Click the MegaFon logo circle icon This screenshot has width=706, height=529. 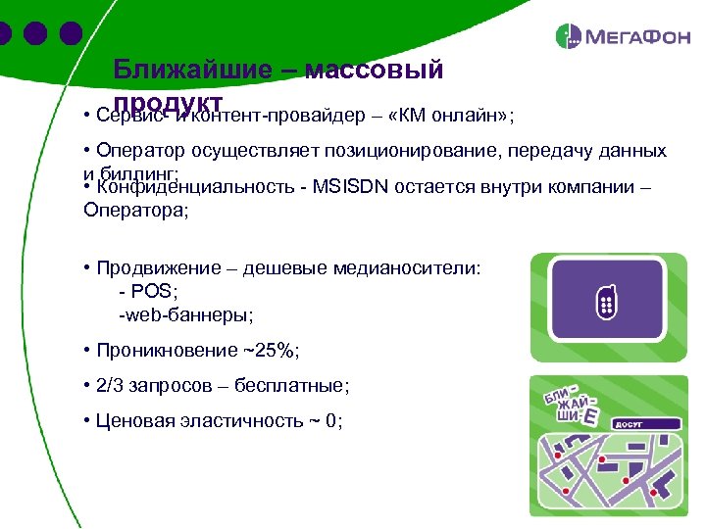[x=569, y=37]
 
